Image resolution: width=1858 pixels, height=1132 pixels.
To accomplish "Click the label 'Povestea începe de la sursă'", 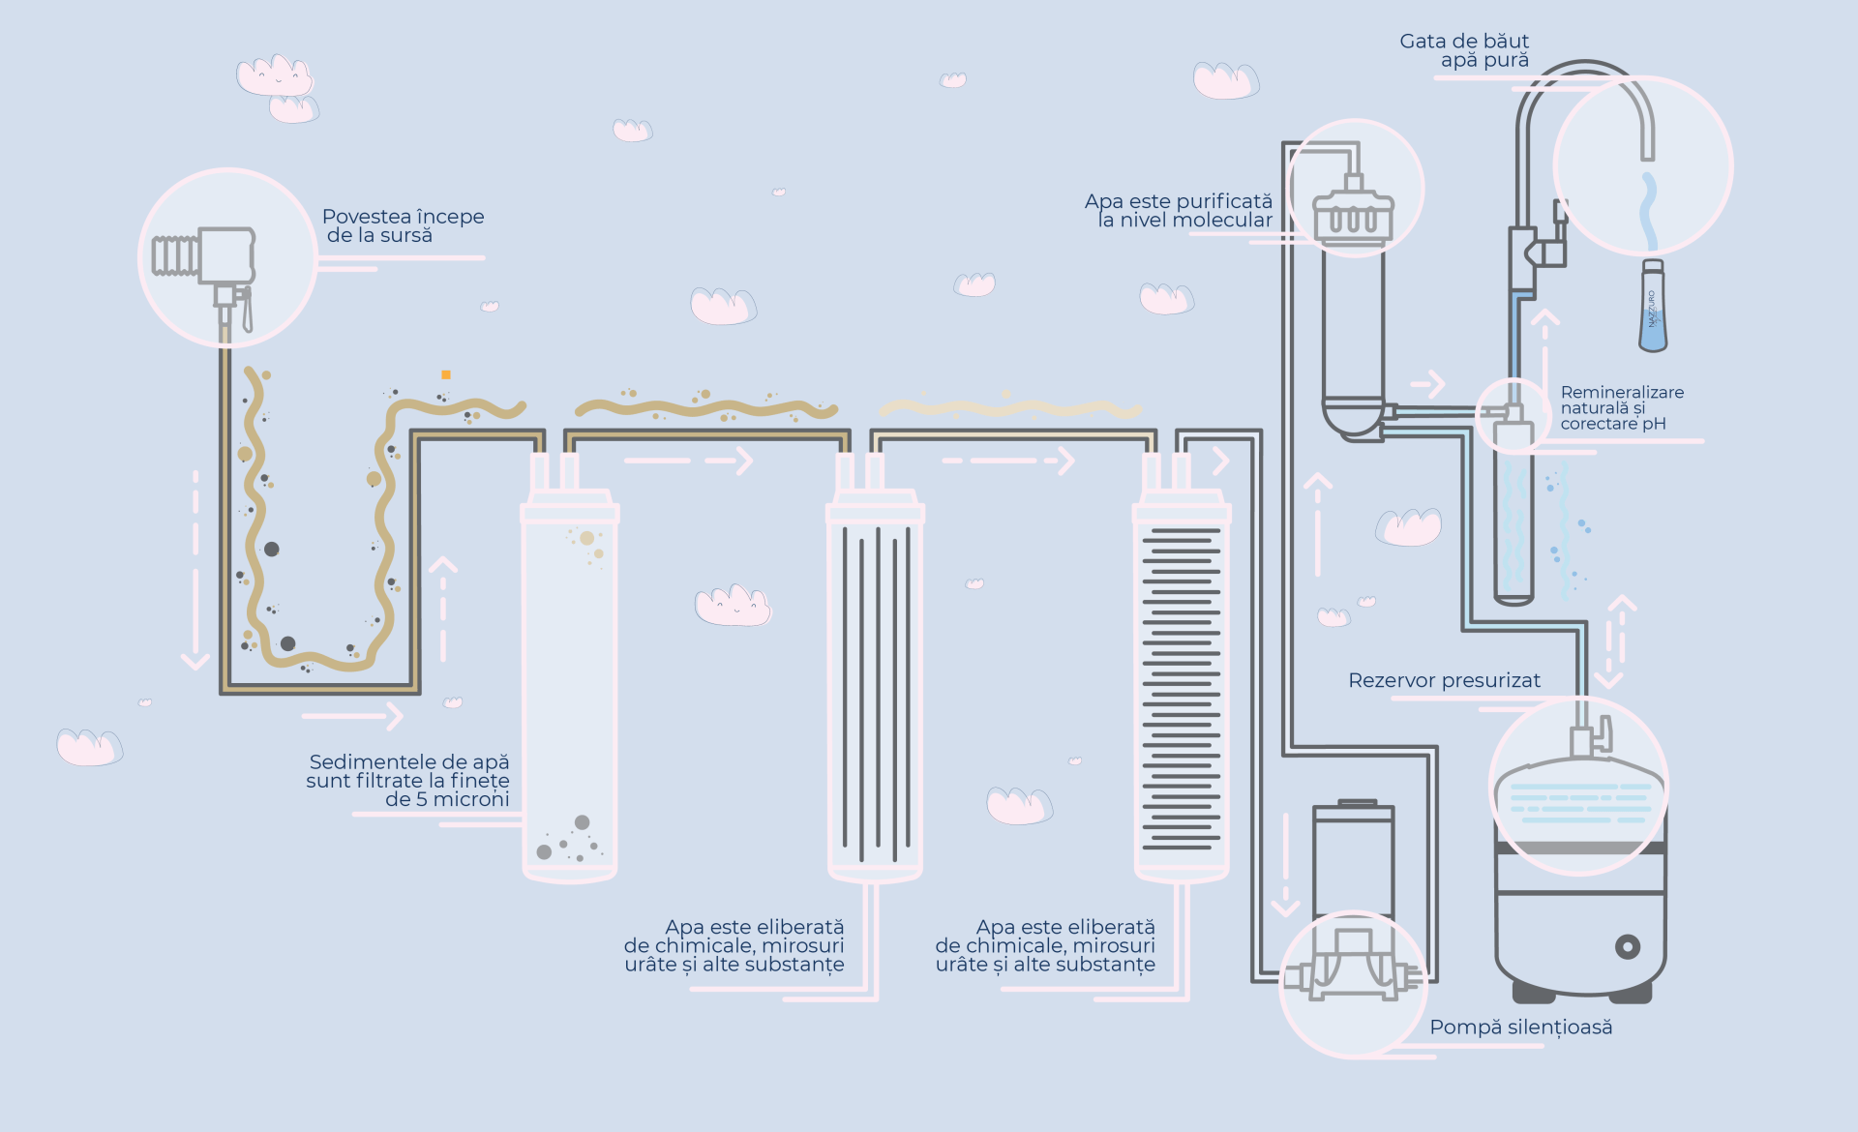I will click(x=403, y=225).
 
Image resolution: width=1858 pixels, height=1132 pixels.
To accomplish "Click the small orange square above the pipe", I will click(x=446, y=374).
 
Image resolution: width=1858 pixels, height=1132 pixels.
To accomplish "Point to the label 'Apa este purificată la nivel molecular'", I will click(x=1179, y=211).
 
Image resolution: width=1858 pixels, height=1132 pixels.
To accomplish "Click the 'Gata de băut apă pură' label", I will click(x=1464, y=50).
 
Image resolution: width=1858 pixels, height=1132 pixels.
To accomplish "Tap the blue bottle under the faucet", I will click(x=1653, y=308).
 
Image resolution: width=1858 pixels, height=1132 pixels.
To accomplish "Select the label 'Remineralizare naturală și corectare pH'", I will click(x=1622, y=407).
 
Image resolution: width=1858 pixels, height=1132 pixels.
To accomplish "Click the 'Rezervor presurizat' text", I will click(x=1444, y=680).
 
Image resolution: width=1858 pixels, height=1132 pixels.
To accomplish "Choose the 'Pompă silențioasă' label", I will click(x=1520, y=1028).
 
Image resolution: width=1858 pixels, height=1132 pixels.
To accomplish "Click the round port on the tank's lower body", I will click(x=1628, y=946).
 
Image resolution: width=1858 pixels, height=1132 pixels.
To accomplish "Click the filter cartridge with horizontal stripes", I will click(x=1182, y=687).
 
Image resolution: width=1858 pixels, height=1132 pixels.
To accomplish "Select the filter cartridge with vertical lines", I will click(x=875, y=687).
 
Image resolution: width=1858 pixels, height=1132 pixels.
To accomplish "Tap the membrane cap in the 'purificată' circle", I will click(x=1353, y=215).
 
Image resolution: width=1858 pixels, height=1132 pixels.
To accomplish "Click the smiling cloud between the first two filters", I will click(x=733, y=606).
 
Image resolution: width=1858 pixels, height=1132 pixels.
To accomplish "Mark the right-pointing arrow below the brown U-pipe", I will click(x=353, y=716).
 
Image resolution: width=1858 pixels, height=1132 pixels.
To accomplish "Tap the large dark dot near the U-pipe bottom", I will click(x=287, y=643).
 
